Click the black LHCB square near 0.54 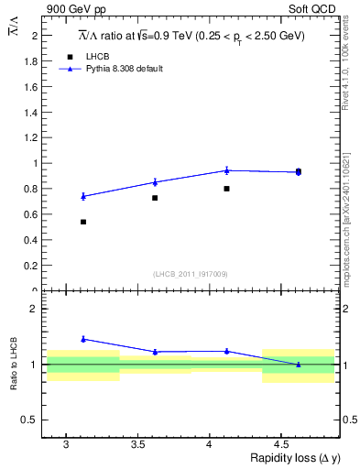(x=83, y=222)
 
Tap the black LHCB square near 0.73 (x=155, y=198)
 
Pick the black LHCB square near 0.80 (x=226, y=189)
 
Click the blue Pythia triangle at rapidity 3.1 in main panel (x=83, y=196)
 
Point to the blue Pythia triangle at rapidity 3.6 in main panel (x=155, y=182)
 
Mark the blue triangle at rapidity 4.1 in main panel (x=226, y=169)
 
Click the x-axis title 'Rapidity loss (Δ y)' (x=294, y=459)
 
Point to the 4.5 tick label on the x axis (x=283, y=444)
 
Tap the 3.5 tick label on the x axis (x=139, y=444)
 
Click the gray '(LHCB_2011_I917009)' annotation (x=190, y=274)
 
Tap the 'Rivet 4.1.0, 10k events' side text (x=346, y=73)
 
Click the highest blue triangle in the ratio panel (x=83, y=339)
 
